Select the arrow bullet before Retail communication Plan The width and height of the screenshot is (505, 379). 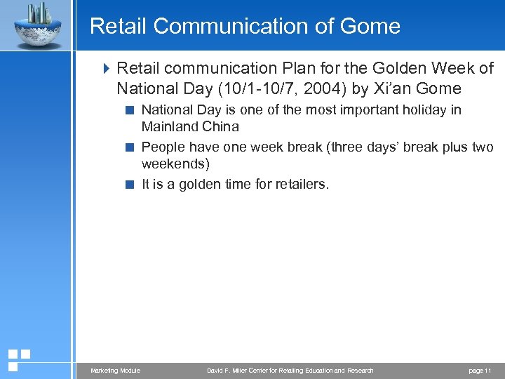tap(107, 69)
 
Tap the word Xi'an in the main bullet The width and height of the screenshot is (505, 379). tap(398, 89)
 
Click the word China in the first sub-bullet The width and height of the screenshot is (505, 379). tap(220, 127)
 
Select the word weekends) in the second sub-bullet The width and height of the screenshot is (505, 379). tap(175, 164)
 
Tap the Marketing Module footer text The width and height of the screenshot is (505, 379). tap(115, 371)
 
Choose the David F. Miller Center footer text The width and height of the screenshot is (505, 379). tap(290, 371)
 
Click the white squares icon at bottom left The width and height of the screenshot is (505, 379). tap(18, 359)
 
